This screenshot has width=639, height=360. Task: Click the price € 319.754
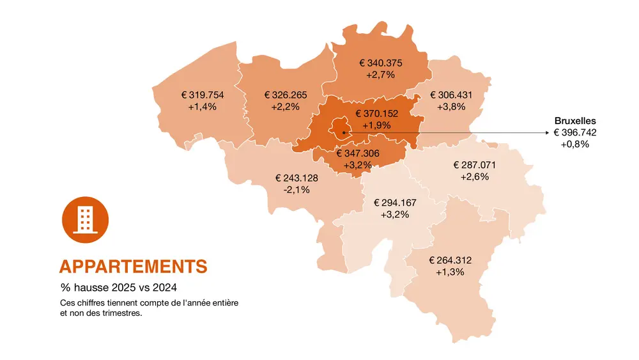click(x=203, y=95)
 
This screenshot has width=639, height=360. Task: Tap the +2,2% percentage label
click(x=285, y=107)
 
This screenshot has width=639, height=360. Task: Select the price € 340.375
click(x=380, y=63)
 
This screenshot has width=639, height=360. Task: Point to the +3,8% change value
click(x=451, y=107)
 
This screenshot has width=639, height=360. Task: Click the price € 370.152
click(x=377, y=114)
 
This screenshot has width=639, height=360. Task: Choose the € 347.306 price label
click(x=358, y=153)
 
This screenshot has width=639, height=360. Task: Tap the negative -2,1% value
click(x=296, y=189)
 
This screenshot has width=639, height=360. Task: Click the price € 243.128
click(x=296, y=178)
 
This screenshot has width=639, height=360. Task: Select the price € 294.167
click(x=394, y=203)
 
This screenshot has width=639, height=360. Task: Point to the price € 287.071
click(x=474, y=165)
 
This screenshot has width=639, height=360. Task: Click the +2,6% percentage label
click(x=474, y=176)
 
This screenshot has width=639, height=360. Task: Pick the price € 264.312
click(x=450, y=260)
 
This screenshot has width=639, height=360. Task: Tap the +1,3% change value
click(x=450, y=272)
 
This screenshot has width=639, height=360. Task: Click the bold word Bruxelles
click(x=575, y=120)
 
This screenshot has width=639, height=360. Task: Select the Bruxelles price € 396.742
click(x=575, y=132)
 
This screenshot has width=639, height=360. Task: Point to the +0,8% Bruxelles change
click(x=575, y=144)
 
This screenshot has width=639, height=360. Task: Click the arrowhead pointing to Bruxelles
click(x=547, y=132)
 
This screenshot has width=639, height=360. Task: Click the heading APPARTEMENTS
click(x=133, y=267)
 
